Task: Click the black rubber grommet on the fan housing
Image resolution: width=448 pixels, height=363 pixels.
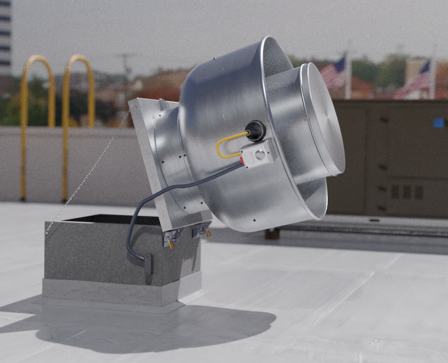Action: (x=256, y=130)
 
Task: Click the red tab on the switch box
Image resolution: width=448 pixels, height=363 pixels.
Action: (x=242, y=160)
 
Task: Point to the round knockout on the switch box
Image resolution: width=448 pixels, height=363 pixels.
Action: (x=262, y=150)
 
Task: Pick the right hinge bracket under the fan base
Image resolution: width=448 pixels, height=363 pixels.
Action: (x=201, y=230)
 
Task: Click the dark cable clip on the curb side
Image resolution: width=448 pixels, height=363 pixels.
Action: (x=148, y=264)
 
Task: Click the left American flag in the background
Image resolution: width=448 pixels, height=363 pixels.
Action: (x=333, y=72)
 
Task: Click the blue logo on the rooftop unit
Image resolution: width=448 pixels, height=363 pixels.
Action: (x=439, y=123)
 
